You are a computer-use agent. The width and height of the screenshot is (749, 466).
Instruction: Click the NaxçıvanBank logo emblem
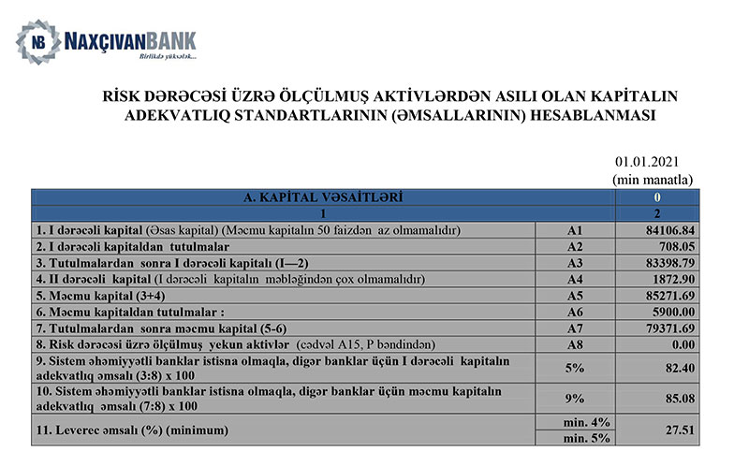37,42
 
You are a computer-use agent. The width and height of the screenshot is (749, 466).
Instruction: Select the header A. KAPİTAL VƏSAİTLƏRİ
323,197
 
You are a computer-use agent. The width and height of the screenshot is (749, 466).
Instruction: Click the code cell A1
575,230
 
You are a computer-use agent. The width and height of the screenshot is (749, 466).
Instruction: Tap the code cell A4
575,279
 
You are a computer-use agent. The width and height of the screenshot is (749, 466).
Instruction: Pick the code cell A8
575,344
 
